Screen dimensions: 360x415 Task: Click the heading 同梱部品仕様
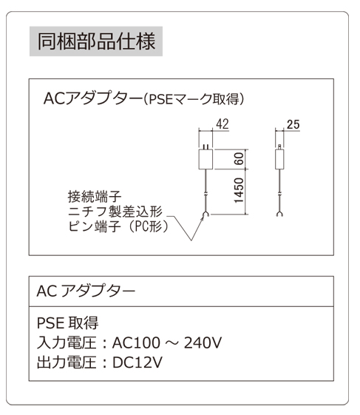pos(96,41)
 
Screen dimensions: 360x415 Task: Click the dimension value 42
pos(223,124)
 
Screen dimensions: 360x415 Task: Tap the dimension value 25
pos(293,124)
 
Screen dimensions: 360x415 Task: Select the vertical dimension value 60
pos(239,158)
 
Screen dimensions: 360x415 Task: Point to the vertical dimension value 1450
pos(239,191)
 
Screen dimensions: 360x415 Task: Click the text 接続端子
pos(95,196)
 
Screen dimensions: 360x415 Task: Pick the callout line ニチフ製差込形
pos(115,212)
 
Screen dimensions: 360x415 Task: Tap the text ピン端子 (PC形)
pos(118,226)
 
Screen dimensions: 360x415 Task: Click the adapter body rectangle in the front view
pos(206,159)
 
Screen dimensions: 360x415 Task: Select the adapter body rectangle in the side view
pos(279,159)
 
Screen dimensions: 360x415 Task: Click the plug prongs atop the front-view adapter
pos(206,147)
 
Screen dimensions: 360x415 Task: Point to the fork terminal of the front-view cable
pos(206,215)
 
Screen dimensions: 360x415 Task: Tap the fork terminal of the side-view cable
pos(279,214)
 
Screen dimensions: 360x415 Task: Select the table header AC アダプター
pos(86,291)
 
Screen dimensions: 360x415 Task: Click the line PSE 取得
pos(68,323)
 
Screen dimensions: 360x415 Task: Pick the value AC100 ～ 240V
pos(167,343)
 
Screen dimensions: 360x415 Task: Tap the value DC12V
pos(137,362)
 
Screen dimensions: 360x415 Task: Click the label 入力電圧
pos(67,343)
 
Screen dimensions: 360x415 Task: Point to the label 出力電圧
pos(67,362)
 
